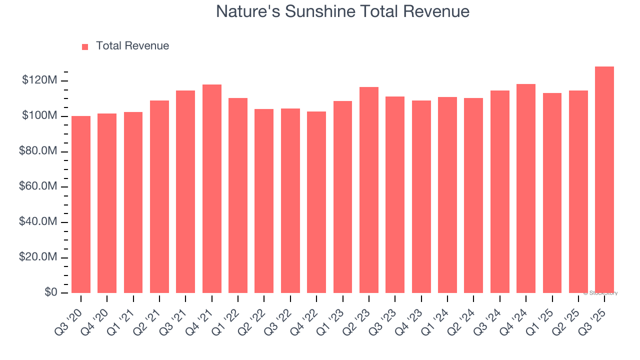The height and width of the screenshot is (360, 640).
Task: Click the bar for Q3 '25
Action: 604,179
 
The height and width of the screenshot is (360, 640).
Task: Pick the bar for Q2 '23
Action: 369,190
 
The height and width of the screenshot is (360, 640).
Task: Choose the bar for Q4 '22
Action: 316,202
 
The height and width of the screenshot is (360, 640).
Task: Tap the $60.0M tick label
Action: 38,186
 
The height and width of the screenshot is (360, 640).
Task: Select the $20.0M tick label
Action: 38,257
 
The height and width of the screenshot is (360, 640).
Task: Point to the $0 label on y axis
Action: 50,292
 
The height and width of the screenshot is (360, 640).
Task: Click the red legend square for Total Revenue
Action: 85,46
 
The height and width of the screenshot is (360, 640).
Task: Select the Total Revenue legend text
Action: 132,46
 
